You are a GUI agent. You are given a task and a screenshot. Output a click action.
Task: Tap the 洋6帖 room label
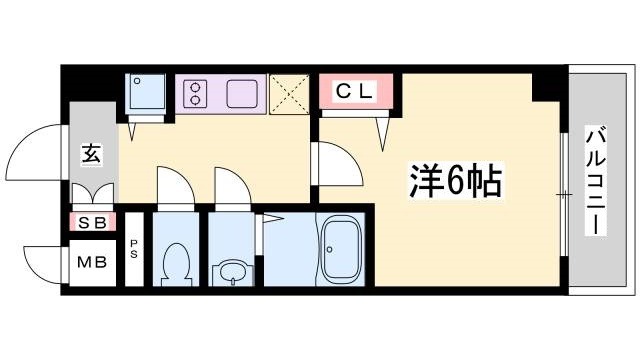(x=454, y=180)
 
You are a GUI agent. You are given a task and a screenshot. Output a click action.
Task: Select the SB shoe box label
(x=92, y=222)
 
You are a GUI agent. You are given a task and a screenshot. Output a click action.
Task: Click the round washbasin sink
(x=230, y=270)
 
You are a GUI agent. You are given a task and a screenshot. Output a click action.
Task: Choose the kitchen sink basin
(x=244, y=93)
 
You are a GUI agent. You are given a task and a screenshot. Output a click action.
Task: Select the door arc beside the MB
(x=45, y=262)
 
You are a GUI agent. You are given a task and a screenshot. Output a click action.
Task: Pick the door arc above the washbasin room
(x=230, y=186)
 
